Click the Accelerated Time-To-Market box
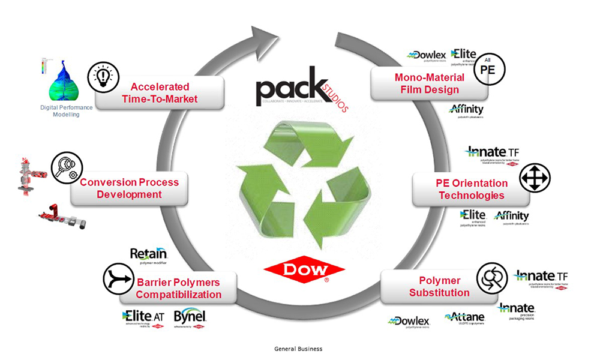[x=160, y=92]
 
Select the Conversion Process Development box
[x=129, y=188]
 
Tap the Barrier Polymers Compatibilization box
[x=178, y=288]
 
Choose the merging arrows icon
[x=119, y=277]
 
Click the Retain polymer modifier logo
[x=148, y=256]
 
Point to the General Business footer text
[x=298, y=349]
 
